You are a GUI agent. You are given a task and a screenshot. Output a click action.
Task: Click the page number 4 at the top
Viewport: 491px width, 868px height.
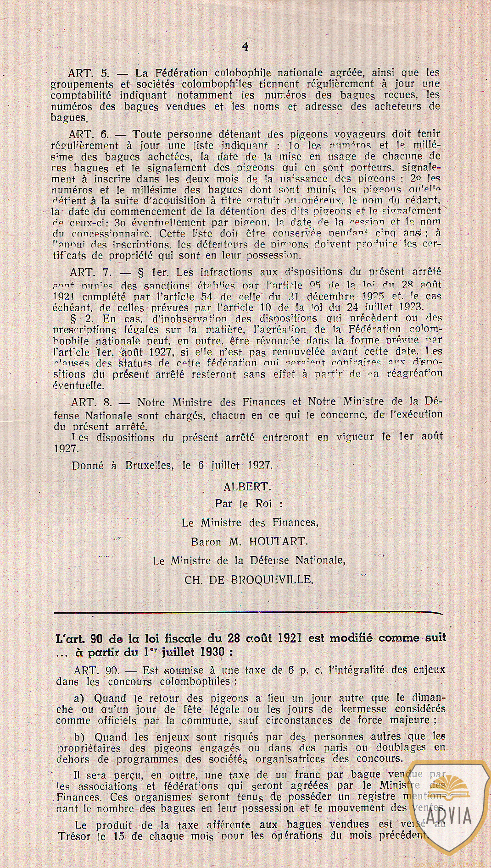(x=245, y=46)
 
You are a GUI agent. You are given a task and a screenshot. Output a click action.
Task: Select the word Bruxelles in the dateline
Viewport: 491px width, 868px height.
(x=149, y=465)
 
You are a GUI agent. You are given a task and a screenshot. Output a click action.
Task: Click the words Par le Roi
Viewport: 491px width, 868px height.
(x=248, y=504)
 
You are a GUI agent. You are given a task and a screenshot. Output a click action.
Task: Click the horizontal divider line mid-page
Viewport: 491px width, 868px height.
(x=248, y=612)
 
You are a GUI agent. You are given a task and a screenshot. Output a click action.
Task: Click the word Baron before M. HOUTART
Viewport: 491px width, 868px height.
(x=206, y=541)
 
